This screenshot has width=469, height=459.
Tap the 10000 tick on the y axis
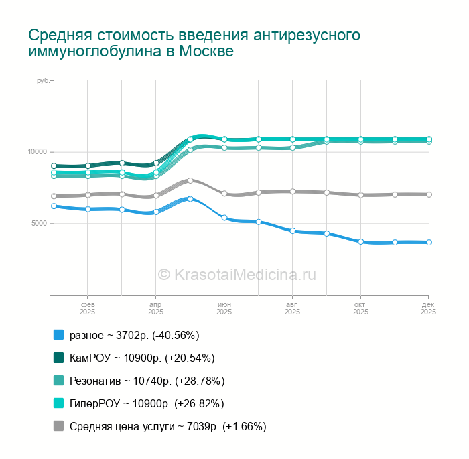pyautogui.click(x=38, y=151)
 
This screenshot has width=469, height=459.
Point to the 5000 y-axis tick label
pyautogui.click(x=40, y=223)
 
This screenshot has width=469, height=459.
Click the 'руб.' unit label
pyautogui.click(x=44, y=81)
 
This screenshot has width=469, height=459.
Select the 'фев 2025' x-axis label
pyautogui.click(x=87, y=308)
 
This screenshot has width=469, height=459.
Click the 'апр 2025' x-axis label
pyautogui.click(x=155, y=308)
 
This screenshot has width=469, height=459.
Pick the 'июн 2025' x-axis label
pyautogui.click(x=224, y=308)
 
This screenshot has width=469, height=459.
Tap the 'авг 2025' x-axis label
pyautogui.click(x=292, y=308)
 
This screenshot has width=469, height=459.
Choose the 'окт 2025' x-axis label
pyautogui.click(x=360, y=308)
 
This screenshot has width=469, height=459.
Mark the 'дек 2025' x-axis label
pyautogui.click(x=428, y=308)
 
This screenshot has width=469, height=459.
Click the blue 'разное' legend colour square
pyautogui.click(x=58, y=335)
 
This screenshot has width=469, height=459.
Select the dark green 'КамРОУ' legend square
pyautogui.click(x=58, y=358)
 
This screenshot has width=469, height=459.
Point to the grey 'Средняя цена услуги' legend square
pyautogui.click(x=58, y=426)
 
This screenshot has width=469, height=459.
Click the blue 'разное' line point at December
pyautogui.click(x=429, y=242)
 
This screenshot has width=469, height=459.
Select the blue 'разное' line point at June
pyautogui.click(x=224, y=218)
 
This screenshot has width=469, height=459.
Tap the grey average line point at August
pyautogui.click(x=293, y=191)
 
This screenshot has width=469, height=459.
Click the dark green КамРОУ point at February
pyautogui.click(x=88, y=166)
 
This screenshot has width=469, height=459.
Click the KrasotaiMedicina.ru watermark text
pyautogui.click(x=237, y=273)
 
